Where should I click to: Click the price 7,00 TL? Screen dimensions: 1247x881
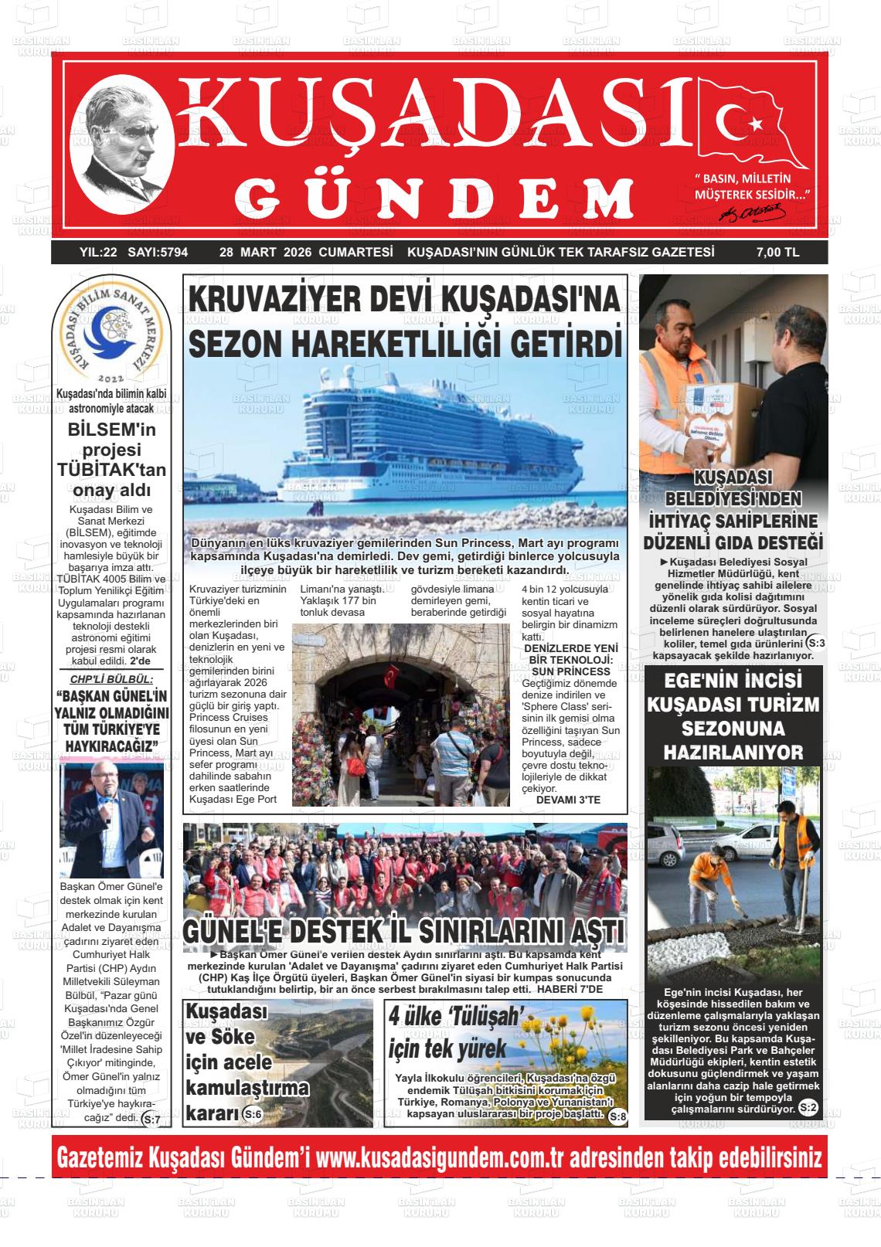[777, 252]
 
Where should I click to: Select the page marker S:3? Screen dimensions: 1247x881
[815, 643]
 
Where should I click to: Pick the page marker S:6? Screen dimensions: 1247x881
[252, 1113]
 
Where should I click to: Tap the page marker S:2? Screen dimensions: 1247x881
[808, 1108]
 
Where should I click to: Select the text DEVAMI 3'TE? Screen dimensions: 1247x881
[568, 800]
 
